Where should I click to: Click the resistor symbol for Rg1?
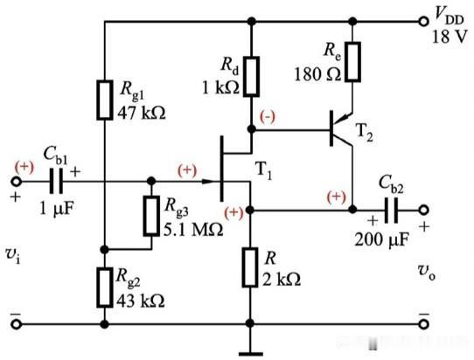[105, 100]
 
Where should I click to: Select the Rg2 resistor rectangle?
[105, 287]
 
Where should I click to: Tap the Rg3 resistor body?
[151, 215]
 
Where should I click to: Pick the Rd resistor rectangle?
[251, 76]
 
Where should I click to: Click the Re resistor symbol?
[352, 62]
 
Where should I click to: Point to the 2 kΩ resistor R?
[250, 267]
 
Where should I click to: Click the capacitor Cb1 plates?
[56, 181]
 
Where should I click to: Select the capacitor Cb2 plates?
[391, 210]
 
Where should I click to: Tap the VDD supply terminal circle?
[423, 22]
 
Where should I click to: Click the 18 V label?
[450, 38]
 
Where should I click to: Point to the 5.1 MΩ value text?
[193, 230]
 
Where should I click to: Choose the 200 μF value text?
[382, 240]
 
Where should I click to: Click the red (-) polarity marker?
[268, 116]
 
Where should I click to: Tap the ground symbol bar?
[250, 354]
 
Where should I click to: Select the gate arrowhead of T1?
[211, 182]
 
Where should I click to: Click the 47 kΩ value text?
[142, 114]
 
